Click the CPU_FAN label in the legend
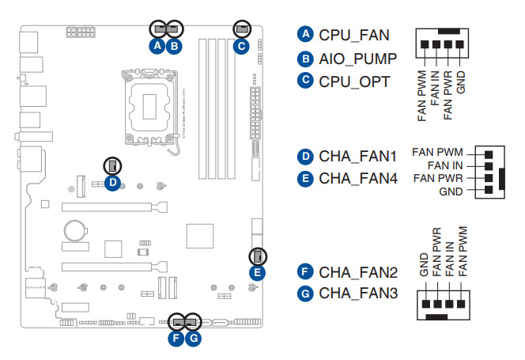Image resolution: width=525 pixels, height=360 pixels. click(x=354, y=35)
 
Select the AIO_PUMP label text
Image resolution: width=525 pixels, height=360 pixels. click(x=357, y=59)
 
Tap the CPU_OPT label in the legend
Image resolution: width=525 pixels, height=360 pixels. click(x=353, y=81)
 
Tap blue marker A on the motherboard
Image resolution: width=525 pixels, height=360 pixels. click(x=157, y=46)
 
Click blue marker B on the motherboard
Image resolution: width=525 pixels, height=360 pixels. click(x=175, y=46)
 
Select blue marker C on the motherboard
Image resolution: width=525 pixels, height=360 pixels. click(x=240, y=46)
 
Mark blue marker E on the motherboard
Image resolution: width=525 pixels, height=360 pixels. click(x=256, y=272)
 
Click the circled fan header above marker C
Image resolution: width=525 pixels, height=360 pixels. click(x=240, y=28)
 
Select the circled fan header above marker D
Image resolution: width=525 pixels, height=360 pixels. click(x=112, y=165)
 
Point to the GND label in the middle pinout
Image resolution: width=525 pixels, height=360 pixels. click(x=451, y=192)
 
